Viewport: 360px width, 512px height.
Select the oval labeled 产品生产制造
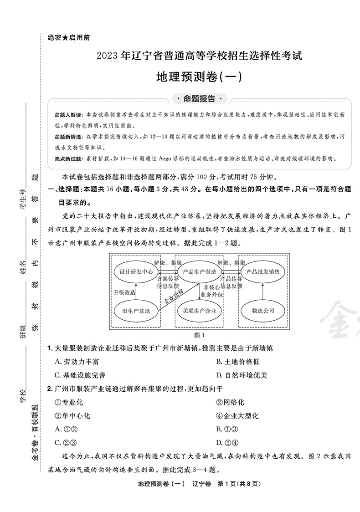[200, 272]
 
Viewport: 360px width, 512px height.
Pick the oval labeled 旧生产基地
[136, 311]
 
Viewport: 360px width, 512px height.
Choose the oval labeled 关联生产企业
[200, 311]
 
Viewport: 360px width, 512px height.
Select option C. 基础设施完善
[80, 375]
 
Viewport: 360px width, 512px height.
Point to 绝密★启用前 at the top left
[68, 38]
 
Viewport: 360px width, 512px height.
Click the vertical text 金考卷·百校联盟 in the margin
[35, 433]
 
